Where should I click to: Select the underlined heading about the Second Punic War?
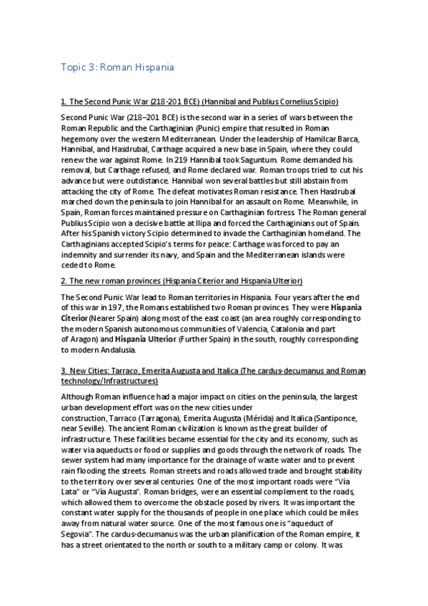coord(199,102)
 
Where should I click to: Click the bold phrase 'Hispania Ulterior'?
coord(126,339)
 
